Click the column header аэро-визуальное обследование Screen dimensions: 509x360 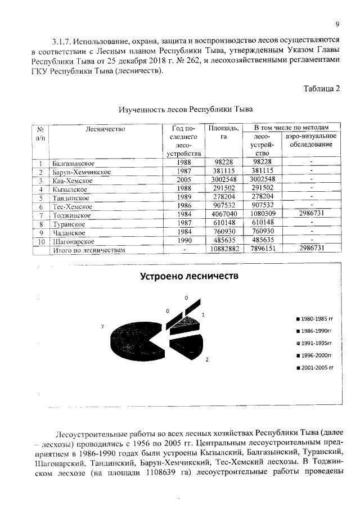(x=311, y=141)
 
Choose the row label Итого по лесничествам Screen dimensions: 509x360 (x=88, y=250)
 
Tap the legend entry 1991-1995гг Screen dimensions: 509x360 (x=316, y=343)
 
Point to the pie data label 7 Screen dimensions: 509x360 (x=102, y=326)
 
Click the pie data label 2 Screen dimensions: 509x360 (x=207, y=359)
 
